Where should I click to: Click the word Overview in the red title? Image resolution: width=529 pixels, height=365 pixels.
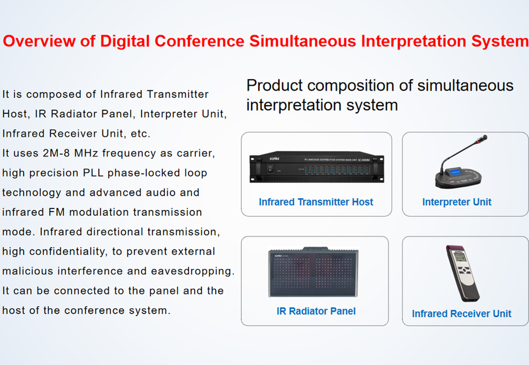(39, 41)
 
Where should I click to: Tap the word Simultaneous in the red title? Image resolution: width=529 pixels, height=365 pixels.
(303, 41)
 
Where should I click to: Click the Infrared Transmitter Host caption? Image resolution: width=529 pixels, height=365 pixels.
(316, 202)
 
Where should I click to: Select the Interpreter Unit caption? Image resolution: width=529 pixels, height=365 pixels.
(457, 202)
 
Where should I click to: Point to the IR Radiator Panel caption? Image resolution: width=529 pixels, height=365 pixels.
(316, 311)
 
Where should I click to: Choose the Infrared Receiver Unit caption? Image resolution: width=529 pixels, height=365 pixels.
(462, 314)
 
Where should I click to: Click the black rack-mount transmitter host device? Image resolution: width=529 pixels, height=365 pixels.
(316, 167)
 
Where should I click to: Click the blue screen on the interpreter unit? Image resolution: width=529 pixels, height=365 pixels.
(455, 172)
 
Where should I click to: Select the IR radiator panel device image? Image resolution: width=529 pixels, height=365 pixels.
(313, 272)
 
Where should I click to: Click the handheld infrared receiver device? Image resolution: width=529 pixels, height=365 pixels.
(462, 273)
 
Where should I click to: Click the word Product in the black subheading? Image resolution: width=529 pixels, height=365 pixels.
(274, 85)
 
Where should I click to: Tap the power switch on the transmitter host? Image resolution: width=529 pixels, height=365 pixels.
(270, 168)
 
